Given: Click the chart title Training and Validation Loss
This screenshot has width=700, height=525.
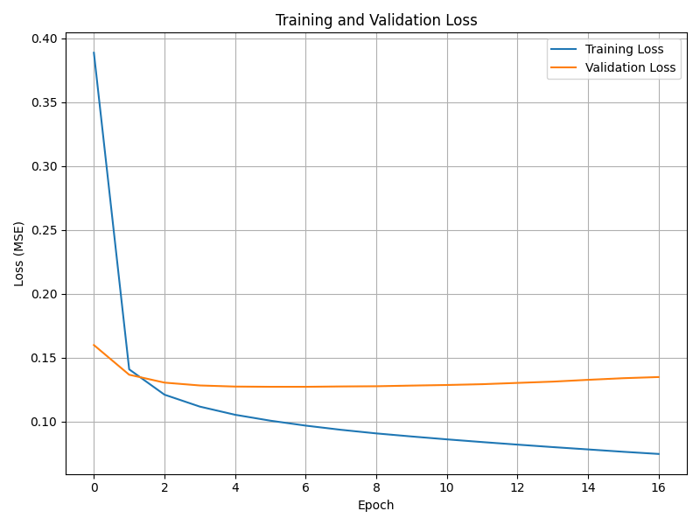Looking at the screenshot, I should (376, 20).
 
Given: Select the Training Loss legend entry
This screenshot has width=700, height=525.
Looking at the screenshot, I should (624, 49).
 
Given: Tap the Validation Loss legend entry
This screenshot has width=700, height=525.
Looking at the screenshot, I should (630, 67).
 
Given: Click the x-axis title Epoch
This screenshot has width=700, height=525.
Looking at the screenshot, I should (376, 505).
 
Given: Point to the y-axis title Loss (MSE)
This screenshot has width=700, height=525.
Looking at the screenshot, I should (19, 254).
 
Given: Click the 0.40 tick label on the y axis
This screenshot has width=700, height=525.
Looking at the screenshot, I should (44, 38).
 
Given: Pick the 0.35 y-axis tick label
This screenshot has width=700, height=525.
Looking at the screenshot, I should (44, 102).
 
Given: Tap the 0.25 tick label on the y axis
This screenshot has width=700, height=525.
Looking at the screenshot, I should (44, 230).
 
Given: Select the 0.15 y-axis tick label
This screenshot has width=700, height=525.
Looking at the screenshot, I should (44, 358).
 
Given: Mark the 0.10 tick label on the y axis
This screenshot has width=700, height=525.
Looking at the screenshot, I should (44, 422).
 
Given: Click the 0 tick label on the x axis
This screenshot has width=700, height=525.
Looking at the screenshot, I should (94, 487).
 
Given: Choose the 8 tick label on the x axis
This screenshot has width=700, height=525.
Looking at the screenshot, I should (376, 487).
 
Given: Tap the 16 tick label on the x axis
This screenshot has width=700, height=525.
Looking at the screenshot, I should (659, 487).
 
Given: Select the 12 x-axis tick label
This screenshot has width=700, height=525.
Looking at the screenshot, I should (517, 487).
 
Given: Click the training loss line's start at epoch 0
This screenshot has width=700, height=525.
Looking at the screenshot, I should (94, 52).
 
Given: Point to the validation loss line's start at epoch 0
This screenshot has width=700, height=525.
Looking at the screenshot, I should (94, 345).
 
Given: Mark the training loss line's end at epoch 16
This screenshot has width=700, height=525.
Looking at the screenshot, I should (659, 454).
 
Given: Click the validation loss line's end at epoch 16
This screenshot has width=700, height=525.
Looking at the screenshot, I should (659, 377).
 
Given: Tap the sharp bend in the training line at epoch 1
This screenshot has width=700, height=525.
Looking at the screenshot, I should (129, 369).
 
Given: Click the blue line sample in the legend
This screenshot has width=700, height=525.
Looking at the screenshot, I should (565, 49).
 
